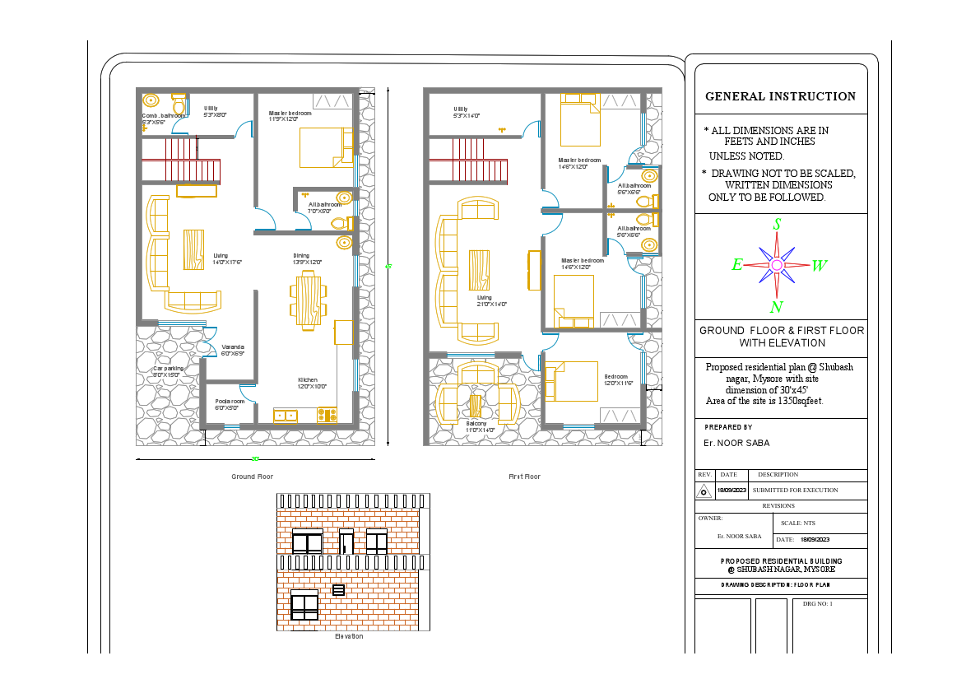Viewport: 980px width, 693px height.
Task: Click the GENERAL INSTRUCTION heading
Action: click(780, 96)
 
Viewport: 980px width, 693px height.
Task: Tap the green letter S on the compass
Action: click(777, 224)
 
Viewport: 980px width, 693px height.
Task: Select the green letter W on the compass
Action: click(820, 266)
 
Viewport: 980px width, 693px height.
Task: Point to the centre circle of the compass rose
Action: click(777, 265)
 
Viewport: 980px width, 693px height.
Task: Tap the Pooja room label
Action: click(228, 404)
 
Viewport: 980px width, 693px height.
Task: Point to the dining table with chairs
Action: click(308, 302)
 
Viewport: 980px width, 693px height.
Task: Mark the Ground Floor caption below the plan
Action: click(252, 477)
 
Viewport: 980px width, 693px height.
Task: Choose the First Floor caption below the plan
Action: click(524, 477)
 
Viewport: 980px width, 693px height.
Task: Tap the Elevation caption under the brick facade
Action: click(349, 636)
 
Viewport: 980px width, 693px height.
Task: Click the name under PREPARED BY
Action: click(736, 443)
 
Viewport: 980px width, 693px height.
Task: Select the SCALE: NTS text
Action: click(797, 523)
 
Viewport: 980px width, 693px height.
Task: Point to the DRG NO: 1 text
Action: click(818, 603)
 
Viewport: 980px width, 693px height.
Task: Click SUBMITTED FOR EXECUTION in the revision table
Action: click(795, 490)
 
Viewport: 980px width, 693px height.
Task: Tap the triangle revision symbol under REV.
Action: click(704, 491)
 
